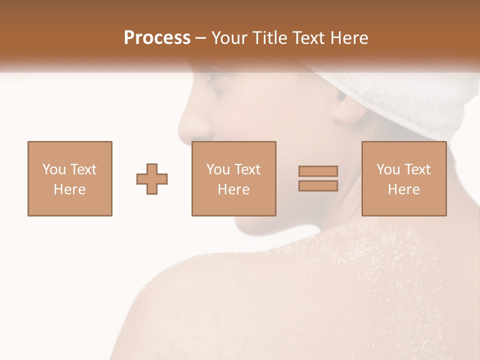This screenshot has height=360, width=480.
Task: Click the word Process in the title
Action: (157, 38)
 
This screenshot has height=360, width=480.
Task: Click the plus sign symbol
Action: (152, 178)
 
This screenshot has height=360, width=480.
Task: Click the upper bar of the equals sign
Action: (318, 171)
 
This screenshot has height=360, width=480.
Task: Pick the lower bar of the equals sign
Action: (318, 185)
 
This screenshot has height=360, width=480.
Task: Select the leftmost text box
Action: (69, 178)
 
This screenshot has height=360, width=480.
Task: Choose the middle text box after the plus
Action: (233, 178)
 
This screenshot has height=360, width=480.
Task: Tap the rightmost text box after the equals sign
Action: (403, 178)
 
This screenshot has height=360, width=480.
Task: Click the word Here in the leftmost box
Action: (69, 189)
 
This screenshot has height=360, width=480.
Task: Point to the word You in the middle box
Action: (217, 169)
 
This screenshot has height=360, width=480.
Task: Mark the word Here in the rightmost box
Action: (403, 189)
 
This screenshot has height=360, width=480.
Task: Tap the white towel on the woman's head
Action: (400, 95)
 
